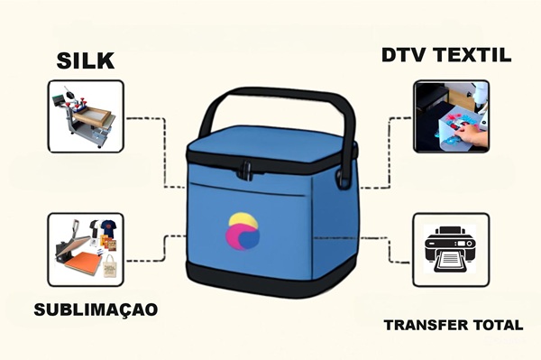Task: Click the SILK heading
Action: (x=87, y=61)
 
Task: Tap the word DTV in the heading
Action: (x=403, y=56)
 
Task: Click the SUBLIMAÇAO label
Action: (x=96, y=309)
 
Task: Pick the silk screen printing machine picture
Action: (x=86, y=116)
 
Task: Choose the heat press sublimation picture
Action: (x=86, y=249)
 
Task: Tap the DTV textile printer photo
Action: (x=451, y=116)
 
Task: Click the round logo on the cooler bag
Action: (x=246, y=233)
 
